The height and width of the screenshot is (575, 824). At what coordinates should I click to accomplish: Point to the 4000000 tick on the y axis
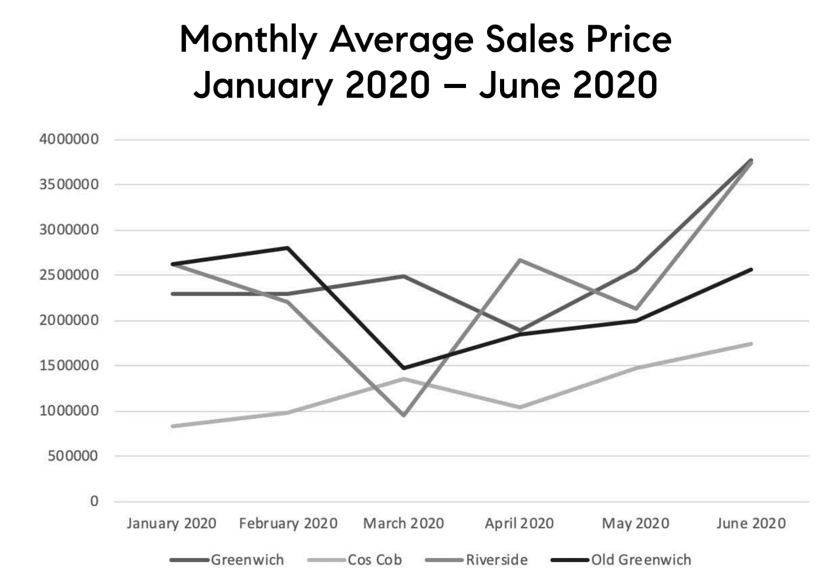[x=69, y=140]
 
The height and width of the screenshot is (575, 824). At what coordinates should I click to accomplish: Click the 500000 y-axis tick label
[x=73, y=456]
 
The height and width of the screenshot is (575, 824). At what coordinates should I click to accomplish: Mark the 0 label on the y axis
[x=94, y=501]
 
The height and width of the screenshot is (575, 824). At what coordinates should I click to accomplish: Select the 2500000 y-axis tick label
[x=69, y=275]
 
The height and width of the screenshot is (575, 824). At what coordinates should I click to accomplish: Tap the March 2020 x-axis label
[x=404, y=523]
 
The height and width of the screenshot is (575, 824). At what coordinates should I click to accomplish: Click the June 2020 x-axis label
[x=751, y=523]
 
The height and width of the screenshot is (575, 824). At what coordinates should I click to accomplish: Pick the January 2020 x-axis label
[x=171, y=523]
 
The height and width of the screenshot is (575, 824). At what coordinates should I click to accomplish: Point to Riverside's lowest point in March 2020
[x=404, y=415]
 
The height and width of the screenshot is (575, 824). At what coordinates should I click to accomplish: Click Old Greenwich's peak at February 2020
[x=288, y=248]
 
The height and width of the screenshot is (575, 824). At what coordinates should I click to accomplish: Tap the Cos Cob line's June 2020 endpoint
[x=751, y=344]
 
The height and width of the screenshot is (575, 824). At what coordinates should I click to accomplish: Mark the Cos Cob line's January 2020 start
[x=173, y=426]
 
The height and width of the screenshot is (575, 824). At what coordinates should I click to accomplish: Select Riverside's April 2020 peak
[x=519, y=259]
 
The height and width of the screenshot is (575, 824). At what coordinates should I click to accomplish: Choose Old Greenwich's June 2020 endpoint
[x=751, y=270]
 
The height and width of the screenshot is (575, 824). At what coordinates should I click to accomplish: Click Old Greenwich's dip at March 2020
[x=404, y=368]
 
